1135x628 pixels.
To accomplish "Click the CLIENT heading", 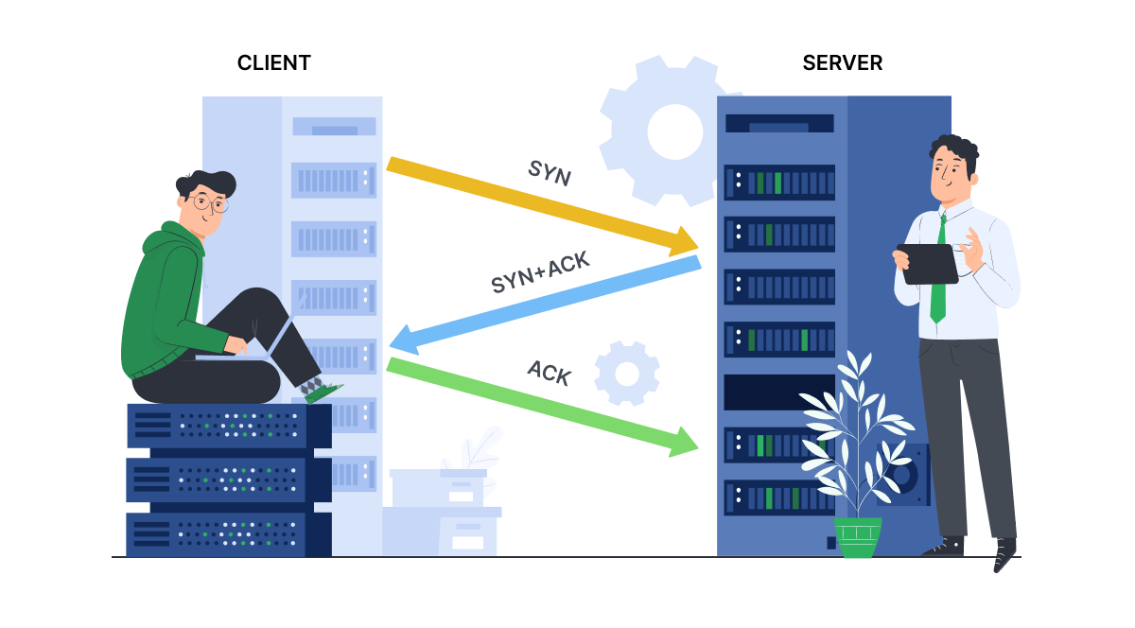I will tap(274, 63).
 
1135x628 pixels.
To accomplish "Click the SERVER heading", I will tap(842, 63).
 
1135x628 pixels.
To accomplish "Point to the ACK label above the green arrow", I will tap(550, 373).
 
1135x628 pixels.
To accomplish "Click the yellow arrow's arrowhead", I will tap(687, 242).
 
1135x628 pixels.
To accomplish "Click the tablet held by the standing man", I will tap(927, 263).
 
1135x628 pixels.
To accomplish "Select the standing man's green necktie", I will tap(937, 274).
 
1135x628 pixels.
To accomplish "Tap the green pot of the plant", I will tap(857, 536).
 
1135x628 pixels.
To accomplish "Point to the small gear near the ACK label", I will tap(627, 374).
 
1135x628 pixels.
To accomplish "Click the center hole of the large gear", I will tap(674, 131).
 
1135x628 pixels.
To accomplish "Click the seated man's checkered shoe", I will tap(317, 388).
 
